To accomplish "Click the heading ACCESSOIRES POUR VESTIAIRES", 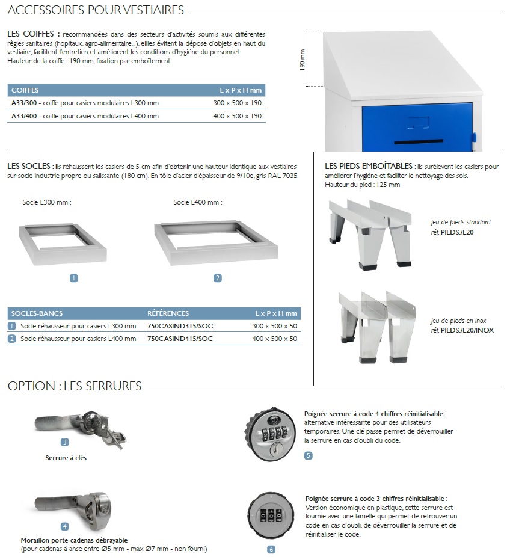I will point(96,10).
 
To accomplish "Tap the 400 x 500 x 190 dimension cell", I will point(238,116).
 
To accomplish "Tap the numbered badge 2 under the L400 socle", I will point(218,278).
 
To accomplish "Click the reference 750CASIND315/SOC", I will point(180,326).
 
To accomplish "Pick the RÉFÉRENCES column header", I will point(168,313).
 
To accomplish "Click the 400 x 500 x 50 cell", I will point(274,339).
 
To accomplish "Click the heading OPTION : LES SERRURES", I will point(75,386).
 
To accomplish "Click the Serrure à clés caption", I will point(66,458).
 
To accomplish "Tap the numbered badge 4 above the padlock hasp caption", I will point(65,526).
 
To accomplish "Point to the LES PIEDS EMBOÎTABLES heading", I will point(369,166).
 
